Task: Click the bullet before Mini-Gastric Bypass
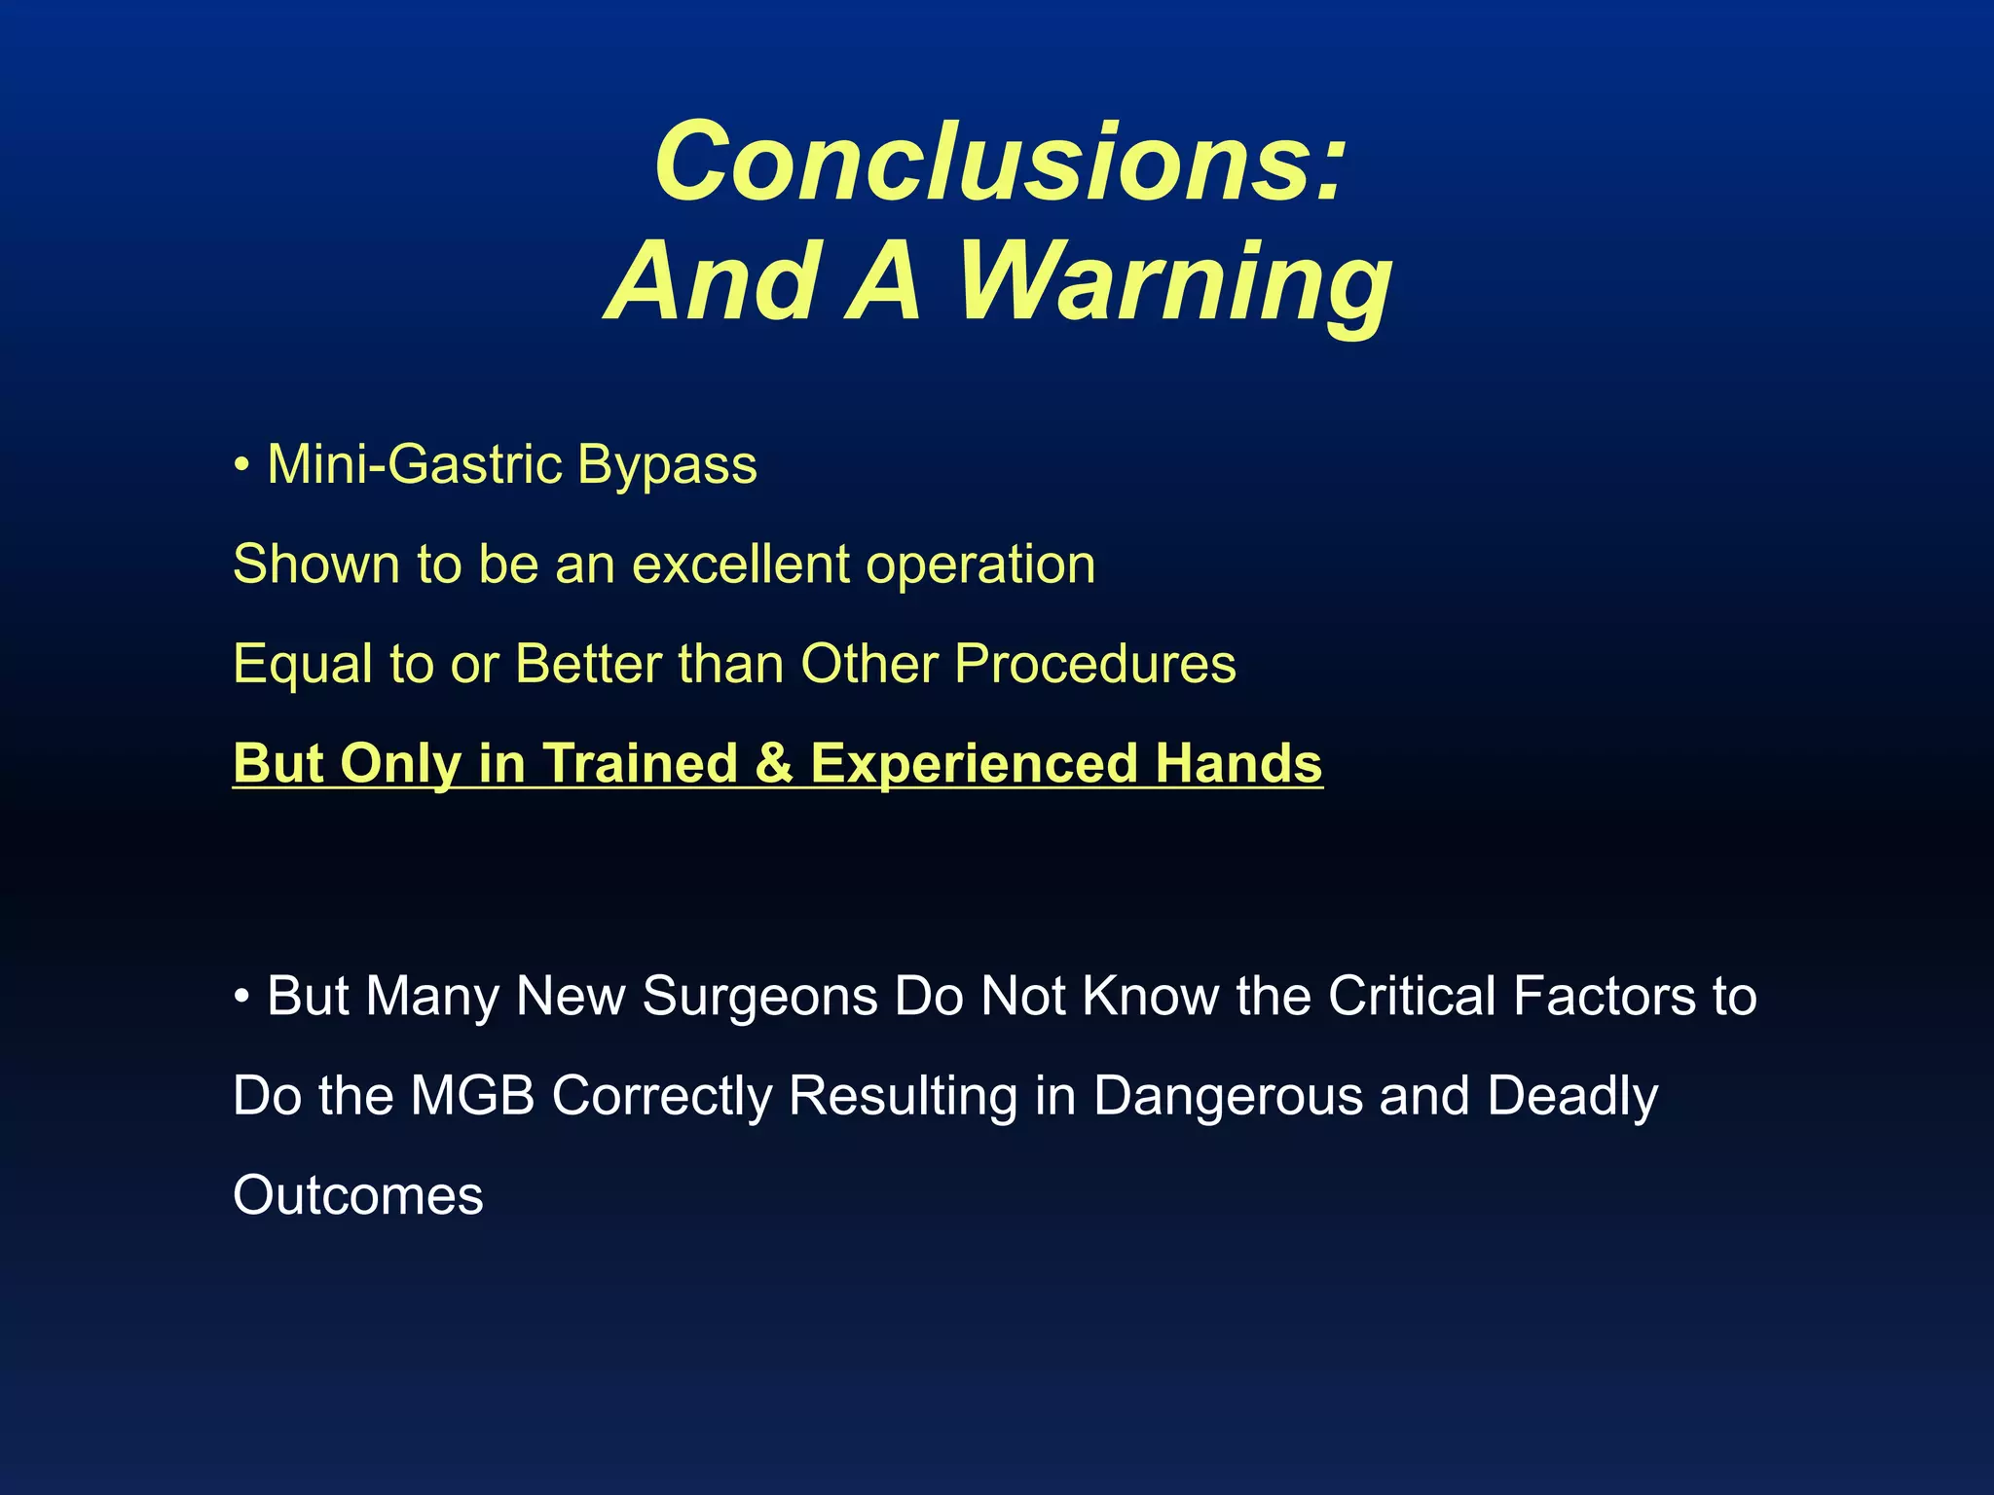[x=240, y=465]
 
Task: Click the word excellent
[x=741, y=565]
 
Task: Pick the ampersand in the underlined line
[x=774, y=763]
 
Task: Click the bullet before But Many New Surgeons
[x=240, y=998]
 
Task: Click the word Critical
[x=1412, y=997]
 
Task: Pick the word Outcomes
[x=357, y=1196]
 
